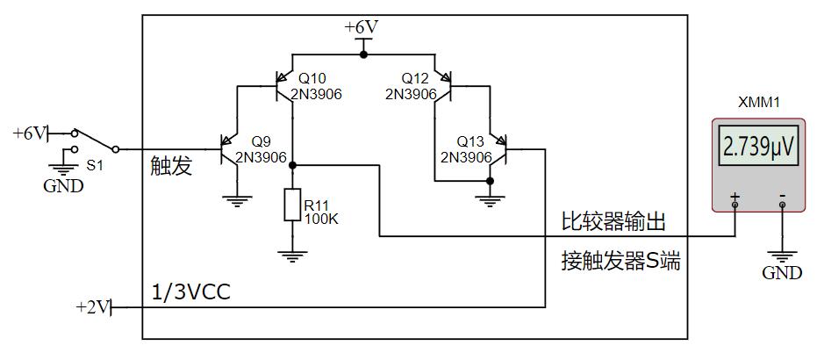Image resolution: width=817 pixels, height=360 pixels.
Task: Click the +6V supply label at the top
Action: point(361,27)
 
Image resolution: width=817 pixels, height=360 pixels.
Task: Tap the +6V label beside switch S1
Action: point(29,133)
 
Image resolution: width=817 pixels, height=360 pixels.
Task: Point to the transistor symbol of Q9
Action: point(231,150)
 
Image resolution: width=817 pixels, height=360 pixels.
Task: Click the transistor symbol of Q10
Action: point(284,87)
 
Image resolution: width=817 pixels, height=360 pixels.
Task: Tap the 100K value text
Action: point(321,219)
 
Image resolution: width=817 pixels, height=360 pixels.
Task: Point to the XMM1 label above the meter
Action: point(758,103)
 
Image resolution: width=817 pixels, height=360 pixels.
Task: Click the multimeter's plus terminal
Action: point(735,205)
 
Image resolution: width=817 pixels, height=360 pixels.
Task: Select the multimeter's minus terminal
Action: point(782,205)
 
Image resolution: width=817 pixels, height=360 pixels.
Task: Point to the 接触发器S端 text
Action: point(620,262)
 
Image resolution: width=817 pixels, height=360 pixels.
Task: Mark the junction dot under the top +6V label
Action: point(363,54)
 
